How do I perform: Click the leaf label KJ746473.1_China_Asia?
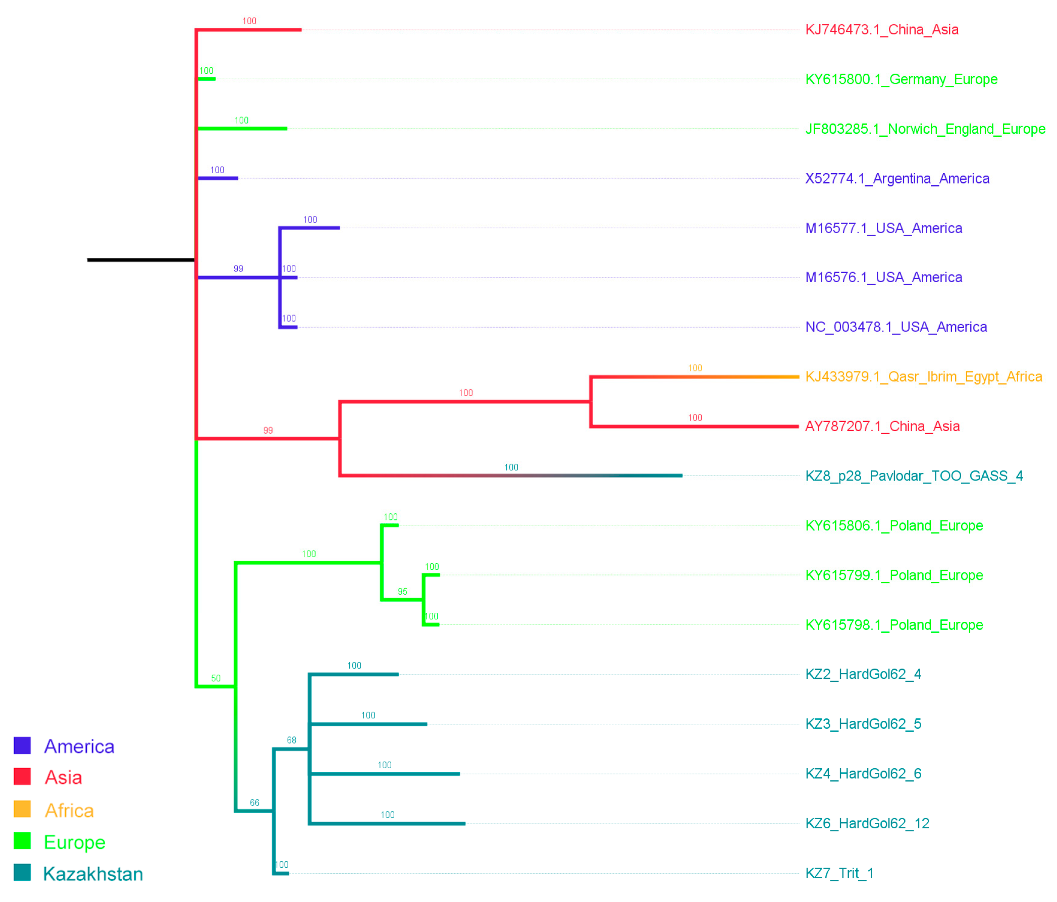point(881,30)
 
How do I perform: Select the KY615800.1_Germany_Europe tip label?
point(901,79)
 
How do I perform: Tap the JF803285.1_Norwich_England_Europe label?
point(925,129)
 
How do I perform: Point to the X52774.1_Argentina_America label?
point(897,179)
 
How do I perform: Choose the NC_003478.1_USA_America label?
point(896,327)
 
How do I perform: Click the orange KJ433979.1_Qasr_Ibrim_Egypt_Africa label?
point(923,377)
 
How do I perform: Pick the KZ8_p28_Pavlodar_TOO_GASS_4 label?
point(914,476)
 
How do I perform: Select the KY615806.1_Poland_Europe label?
point(894,525)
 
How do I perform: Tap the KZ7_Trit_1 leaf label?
point(839,873)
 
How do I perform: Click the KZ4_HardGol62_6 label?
point(863,773)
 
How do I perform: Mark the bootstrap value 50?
point(216,678)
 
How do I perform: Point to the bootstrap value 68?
point(291,740)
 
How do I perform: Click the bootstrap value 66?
point(254,803)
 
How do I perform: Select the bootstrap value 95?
point(402,592)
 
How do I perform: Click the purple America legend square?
point(22,746)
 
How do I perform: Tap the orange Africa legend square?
point(22,809)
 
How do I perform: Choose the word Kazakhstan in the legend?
point(93,874)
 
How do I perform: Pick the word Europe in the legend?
point(75,842)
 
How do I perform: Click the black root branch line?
point(141,260)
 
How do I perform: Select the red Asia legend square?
point(22,776)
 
